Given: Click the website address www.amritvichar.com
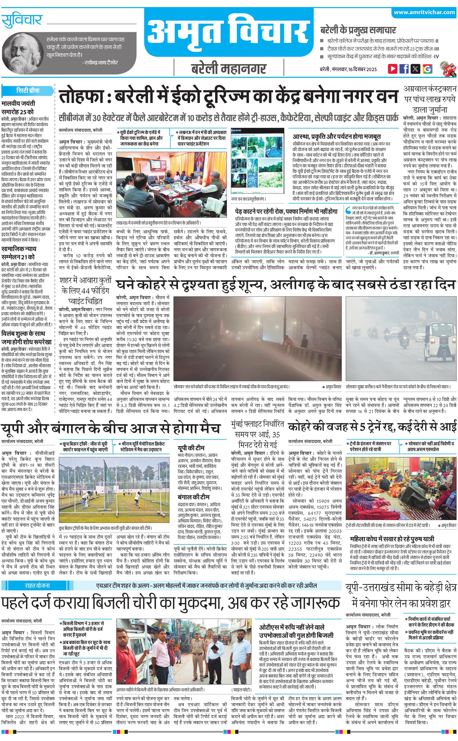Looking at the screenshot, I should [x=424, y=12].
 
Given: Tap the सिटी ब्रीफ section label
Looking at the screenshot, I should [x=28, y=90].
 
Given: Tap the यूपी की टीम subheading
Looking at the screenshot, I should [x=191, y=448].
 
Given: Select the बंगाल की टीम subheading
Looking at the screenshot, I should [x=194, y=497].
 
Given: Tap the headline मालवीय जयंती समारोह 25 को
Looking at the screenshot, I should [x=18, y=107].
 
